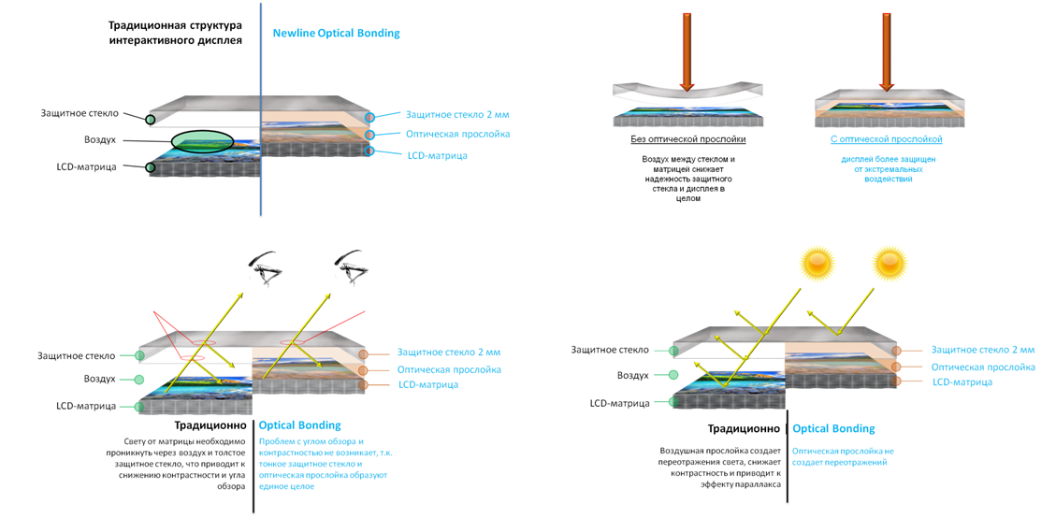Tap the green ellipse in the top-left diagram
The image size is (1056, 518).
tap(202, 142)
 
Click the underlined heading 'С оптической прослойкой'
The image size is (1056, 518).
tap(886, 139)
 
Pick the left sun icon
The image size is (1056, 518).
tap(814, 264)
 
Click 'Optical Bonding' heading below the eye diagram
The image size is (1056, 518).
tap(300, 425)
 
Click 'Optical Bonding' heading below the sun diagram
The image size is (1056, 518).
tap(834, 428)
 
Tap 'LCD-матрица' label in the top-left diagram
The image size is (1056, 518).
tap(436, 155)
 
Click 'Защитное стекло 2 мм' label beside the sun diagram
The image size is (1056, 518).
tap(982, 350)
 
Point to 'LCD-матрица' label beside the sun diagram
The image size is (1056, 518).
tap(962, 382)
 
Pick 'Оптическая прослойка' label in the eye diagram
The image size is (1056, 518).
tap(449, 370)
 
